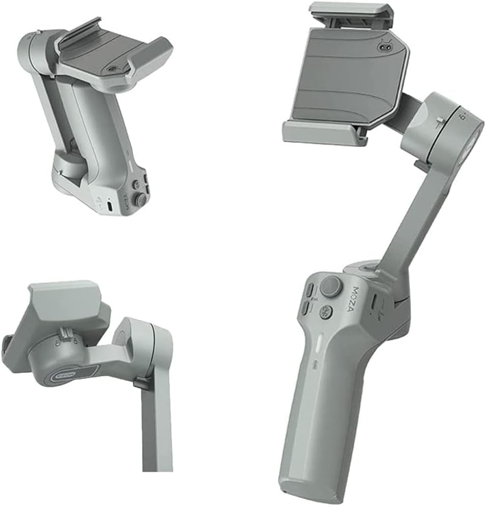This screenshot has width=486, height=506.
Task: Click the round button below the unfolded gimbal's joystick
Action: [x=326, y=312]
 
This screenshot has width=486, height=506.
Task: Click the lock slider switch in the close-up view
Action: [x=65, y=334]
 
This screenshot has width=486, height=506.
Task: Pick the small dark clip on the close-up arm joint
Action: [x=142, y=383]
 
